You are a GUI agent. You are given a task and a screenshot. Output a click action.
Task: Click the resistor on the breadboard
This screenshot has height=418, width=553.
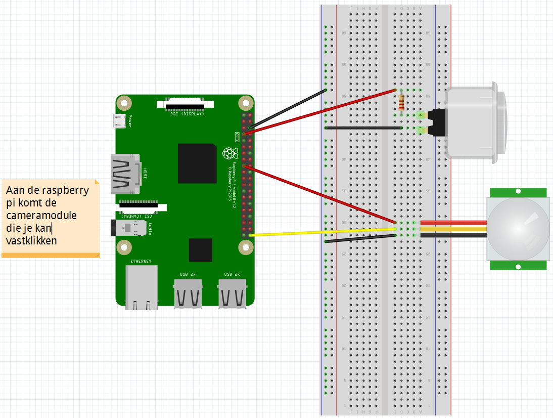pyautogui.click(x=401, y=103)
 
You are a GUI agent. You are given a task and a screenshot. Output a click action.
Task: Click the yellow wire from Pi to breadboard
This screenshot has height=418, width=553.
pyautogui.click(x=324, y=232)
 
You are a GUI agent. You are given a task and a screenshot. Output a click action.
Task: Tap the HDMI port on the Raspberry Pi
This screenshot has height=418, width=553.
pyautogui.click(x=124, y=174)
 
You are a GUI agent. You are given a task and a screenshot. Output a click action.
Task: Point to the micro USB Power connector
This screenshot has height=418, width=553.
pyautogui.click(x=119, y=121)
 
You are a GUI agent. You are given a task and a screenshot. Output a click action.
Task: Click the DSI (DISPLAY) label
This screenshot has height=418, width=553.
pyautogui.click(x=187, y=114)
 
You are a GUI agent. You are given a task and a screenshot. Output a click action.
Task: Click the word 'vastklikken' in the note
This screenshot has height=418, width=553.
pyautogui.click(x=31, y=240)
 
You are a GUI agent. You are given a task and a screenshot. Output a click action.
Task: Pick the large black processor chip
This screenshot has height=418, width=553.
pyautogui.click(x=197, y=163)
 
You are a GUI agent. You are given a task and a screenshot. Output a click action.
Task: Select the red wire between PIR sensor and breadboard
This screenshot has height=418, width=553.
pyautogui.click(x=453, y=223)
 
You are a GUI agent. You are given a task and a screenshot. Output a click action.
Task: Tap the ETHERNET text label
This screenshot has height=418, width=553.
pyautogui.click(x=141, y=261)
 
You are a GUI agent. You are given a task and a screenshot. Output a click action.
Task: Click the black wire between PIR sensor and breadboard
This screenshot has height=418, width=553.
pyautogui.click(x=453, y=235)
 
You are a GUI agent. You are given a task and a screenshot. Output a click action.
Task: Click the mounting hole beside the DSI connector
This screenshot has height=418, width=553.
pyautogui.click(x=124, y=103)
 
